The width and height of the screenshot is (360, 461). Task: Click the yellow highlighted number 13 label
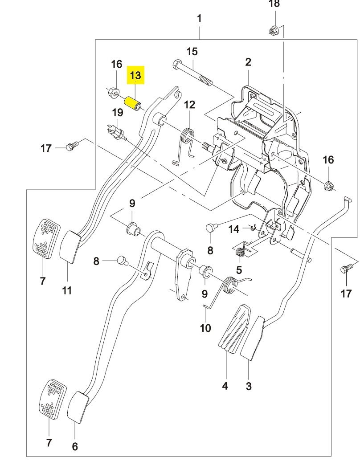click(135, 75)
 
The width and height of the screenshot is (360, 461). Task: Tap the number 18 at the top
click(274, 4)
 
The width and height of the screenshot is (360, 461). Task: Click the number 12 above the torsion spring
click(190, 105)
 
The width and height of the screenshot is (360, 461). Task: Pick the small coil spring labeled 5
click(241, 252)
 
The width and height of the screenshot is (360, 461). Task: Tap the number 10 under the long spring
click(205, 328)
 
